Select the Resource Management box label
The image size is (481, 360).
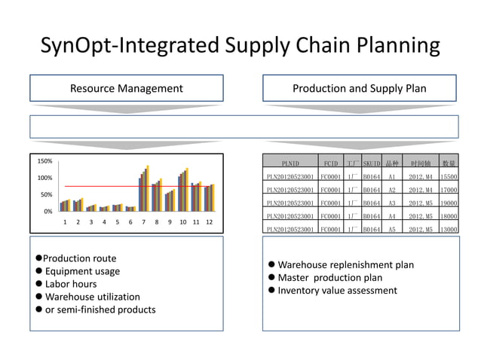pyautogui.click(x=126, y=89)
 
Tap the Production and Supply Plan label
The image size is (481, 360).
pyautogui.click(x=359, y=89)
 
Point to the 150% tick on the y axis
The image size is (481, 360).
pyautogui.click(x=44, y=161)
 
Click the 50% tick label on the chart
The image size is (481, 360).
pyautogui.click(x=46, y=195)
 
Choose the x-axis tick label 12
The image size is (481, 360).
pyautogui.click(x=209, y=223)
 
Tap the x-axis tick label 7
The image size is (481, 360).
pyautogui.click(x=143, y=223)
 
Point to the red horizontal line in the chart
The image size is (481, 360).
pyautogui.click(x=113, y=186)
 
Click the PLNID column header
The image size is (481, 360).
pyautogui.click(x=290, y=163)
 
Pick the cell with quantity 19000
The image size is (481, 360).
pyautogui.click(x=449, y=203)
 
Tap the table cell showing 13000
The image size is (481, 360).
pyautogui.click(x=449, y=229)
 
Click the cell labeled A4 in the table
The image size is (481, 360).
pyautogui.click(x=391, y=216)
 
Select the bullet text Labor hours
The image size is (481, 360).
pyautogui.click(x=71, y=284)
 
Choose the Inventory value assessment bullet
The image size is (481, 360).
pyautogui.click(x=338, y=291)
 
